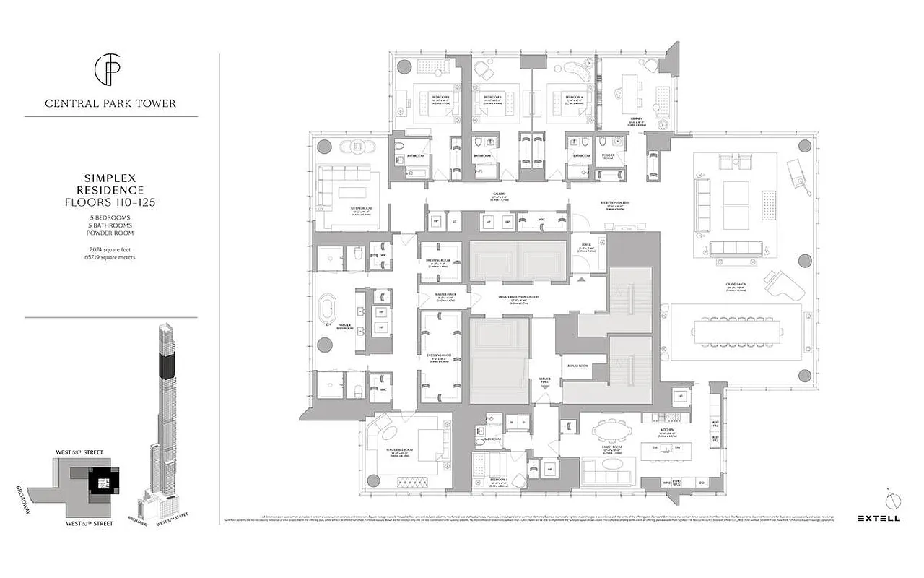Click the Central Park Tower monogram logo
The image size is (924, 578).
pos(110,70)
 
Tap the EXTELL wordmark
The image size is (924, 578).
pos(877,517)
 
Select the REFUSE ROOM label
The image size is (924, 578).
pos(578,366)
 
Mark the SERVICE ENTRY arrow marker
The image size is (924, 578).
pos(545,387)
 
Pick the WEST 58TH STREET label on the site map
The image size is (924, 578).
pos(79,452)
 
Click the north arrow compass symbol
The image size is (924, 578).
pos(889,498)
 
